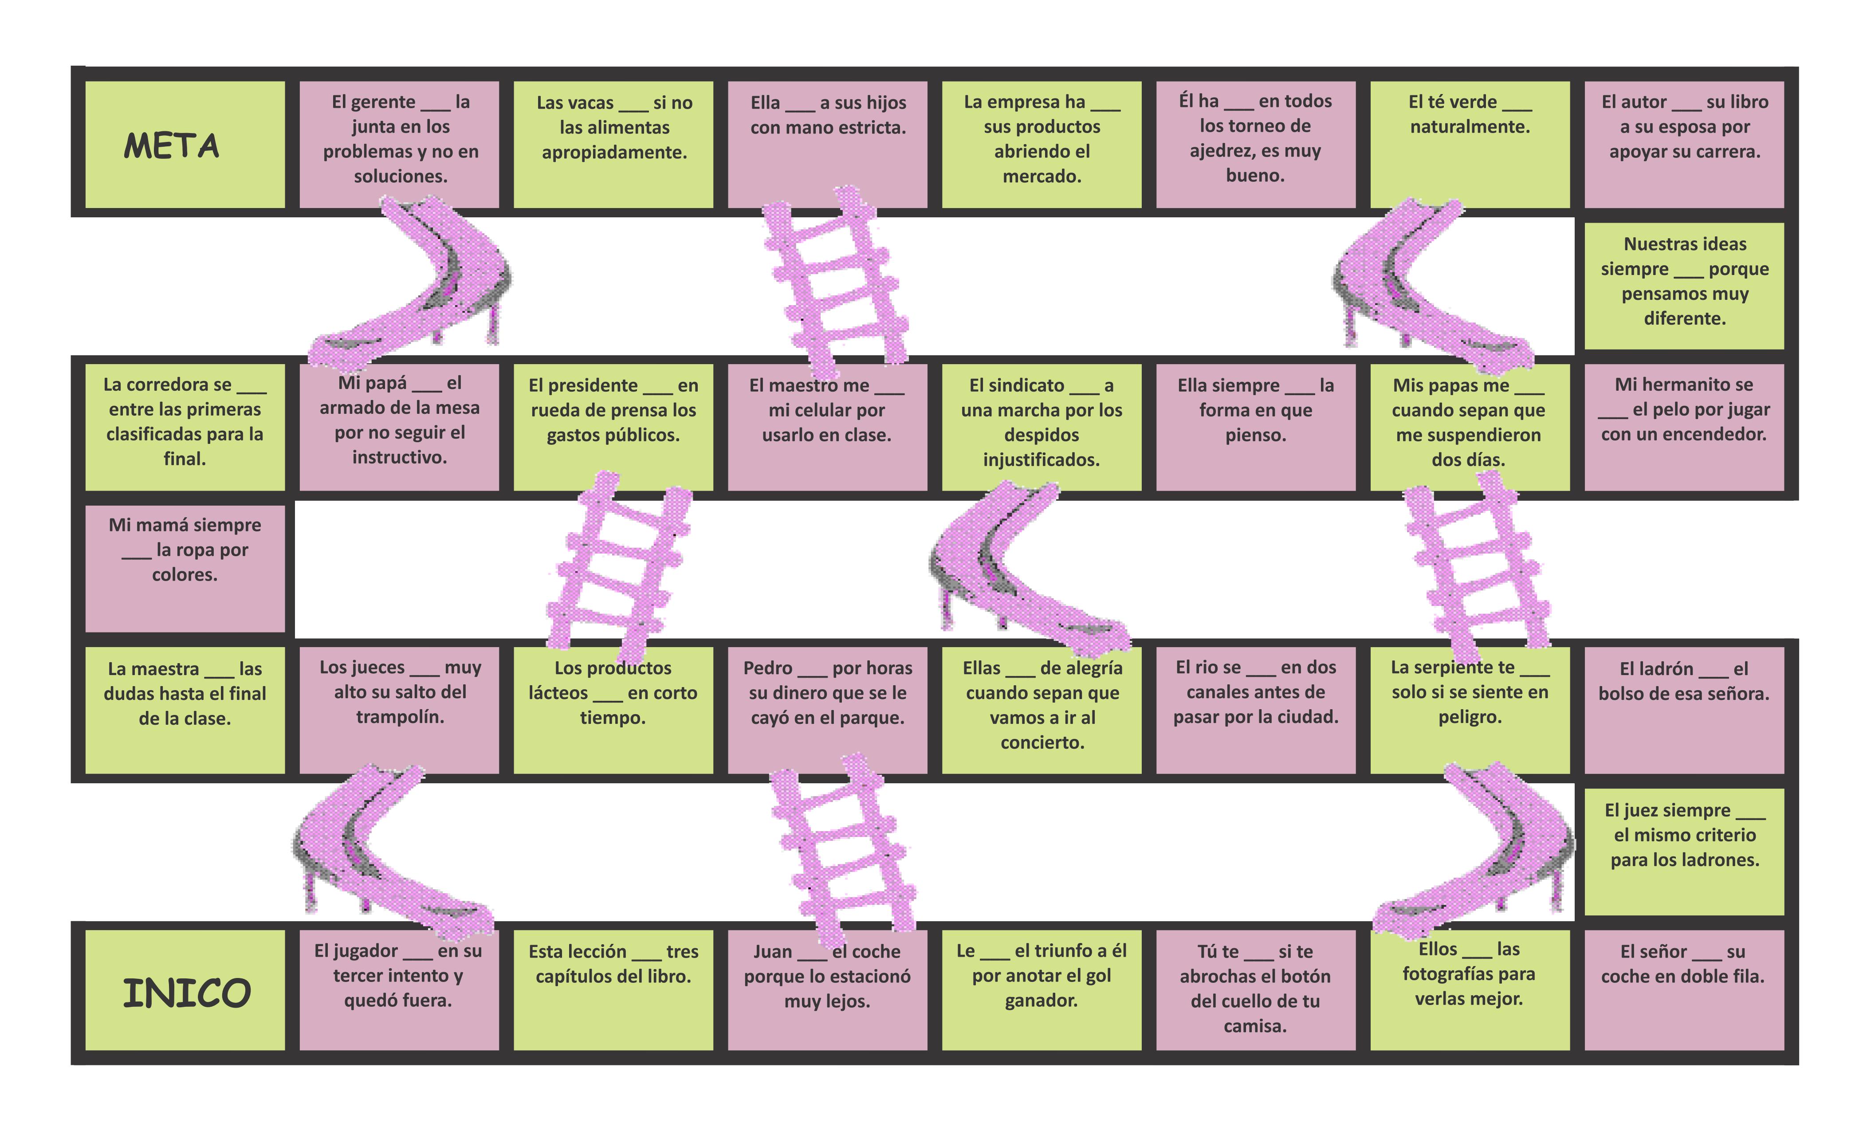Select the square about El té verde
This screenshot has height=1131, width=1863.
pos(1469,144)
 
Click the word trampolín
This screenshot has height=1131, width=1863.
pos(400,717)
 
